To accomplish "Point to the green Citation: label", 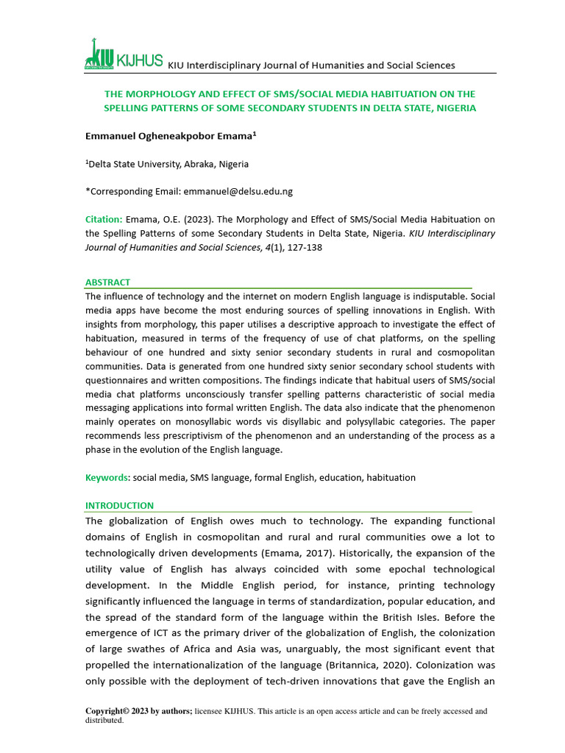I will coord(104,219).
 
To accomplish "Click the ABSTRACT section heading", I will coord(107,282).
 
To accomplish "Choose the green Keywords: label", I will coord(107,478).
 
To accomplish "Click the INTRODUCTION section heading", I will coord(119,506).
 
